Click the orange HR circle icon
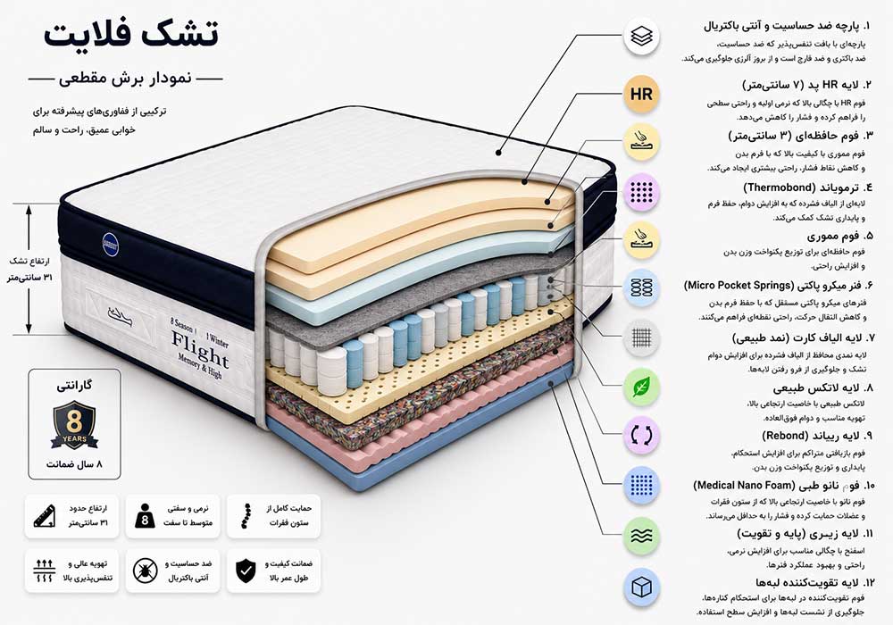pos(641,94)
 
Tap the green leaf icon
pos(641,387)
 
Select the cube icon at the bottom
pos(641,587)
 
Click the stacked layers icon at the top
pos(641,37)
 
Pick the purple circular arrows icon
pos(641,436)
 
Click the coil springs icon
pos(641,287)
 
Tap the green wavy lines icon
pos(641,536)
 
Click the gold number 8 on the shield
pos(74,421)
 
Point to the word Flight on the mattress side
pos(200,348)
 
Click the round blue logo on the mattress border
pos(111,244)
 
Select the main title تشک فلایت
pos(131,34)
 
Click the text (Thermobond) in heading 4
pos(780,187)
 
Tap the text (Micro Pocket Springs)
pos(739,285)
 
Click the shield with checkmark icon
pos(246,571)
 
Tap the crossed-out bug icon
pos(145,571)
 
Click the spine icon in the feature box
pos(246,516)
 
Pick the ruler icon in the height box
pos(45,516)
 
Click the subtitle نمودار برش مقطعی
pos(125,79)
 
